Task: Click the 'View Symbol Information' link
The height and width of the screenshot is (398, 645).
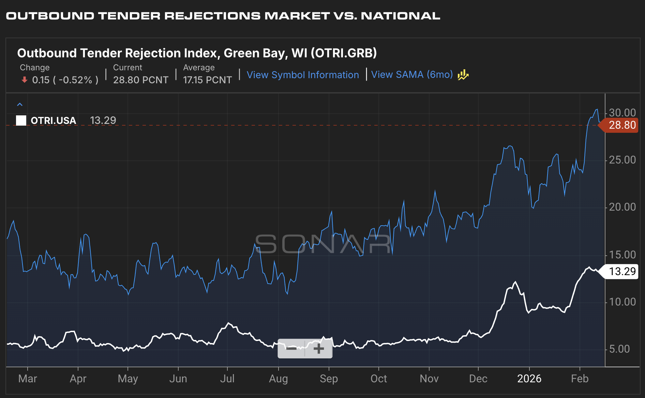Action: [302, 75]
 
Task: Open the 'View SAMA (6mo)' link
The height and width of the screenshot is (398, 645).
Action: [411, 74]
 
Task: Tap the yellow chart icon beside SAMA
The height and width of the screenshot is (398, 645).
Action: [463, 75]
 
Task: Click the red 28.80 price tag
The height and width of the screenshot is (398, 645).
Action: [621, 125]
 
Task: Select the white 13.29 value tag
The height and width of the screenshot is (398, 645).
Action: [621, 272]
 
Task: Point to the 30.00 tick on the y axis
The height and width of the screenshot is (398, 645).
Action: [622, 113]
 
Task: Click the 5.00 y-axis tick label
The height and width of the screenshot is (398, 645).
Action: [619, 349]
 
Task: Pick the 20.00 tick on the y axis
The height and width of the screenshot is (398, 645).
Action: [622, 207]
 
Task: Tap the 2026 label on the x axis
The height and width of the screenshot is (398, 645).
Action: [529, 379]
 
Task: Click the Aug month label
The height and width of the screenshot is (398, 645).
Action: [278, 379]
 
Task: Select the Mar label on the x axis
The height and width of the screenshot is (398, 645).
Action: [28, 379]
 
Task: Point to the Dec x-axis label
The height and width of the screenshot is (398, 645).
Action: [478, 379]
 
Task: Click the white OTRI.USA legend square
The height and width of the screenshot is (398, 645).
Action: [21, 120]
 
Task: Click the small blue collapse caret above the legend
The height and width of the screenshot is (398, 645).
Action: [20, 104]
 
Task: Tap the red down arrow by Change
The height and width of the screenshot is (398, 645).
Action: [24, 80]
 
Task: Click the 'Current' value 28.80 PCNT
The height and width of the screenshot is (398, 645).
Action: [140, 80]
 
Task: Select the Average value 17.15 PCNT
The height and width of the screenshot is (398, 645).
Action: [207, 80]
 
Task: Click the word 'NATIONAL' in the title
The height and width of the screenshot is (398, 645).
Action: [400, 16]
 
